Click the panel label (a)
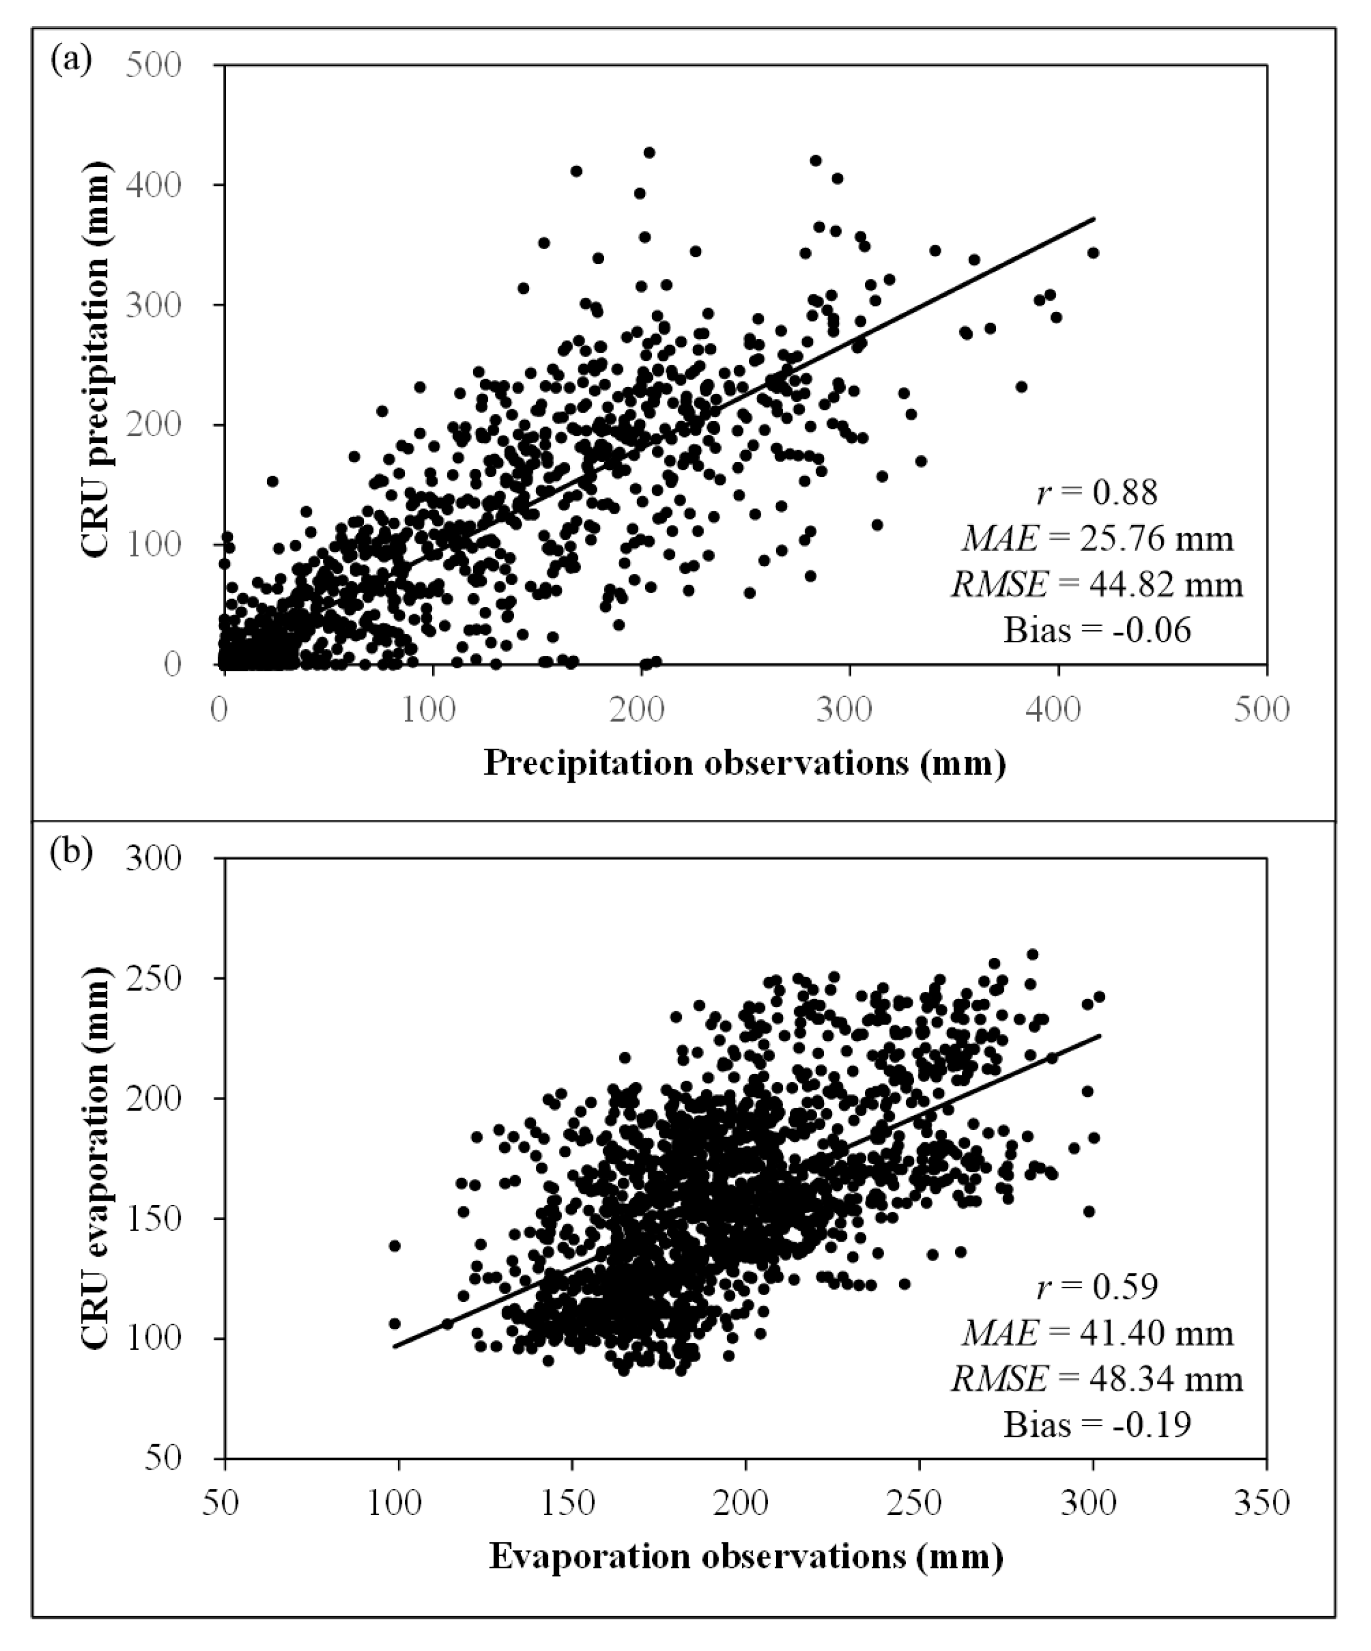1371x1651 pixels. click(71, 59)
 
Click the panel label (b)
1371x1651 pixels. click(71, 853)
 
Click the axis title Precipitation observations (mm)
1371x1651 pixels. click(744, 763)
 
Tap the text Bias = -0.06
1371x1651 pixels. click(1097, 630)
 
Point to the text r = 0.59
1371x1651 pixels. click(1097, 1287)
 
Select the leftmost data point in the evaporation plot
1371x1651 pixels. click(395, 1246)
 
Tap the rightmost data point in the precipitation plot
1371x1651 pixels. click(1093, 252)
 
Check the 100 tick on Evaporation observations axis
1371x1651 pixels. click(399, 1503)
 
